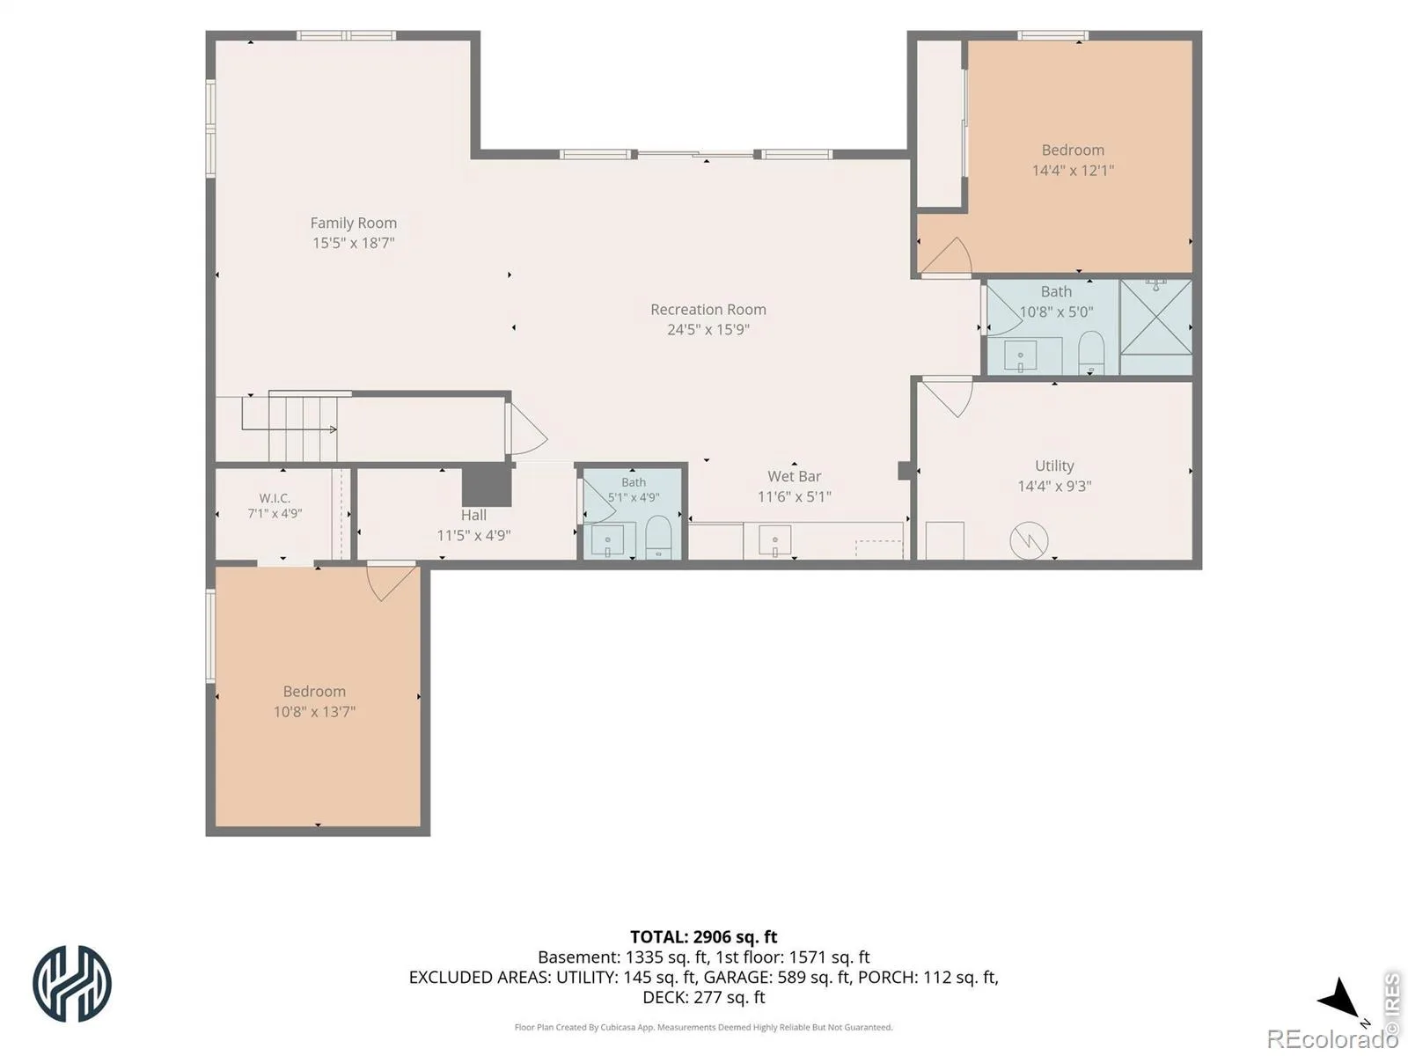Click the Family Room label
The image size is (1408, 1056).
(x=353, y=223)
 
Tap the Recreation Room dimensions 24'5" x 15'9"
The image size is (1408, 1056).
(x=708, y=329)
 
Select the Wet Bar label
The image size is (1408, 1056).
(x=794, y=476)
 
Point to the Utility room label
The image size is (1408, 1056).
(x=1053, y=466)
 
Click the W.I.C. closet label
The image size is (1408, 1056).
(x=275, y=498)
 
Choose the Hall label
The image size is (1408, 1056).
(x=473, y=515)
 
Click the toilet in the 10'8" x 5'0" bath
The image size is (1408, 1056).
(x=1089, y=352)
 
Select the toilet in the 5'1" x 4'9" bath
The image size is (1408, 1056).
(x=657, y=538)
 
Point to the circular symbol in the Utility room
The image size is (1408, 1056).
(x=1028, y=540)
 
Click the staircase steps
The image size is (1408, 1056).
(x=303, y=429)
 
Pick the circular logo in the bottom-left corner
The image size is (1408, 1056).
(x=72, y=983)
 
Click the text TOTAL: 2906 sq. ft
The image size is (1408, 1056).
(x=703, y=936)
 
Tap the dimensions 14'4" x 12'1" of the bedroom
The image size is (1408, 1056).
(x=1073, y=170)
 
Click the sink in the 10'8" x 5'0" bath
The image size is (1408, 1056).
(x=1020, y=356)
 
